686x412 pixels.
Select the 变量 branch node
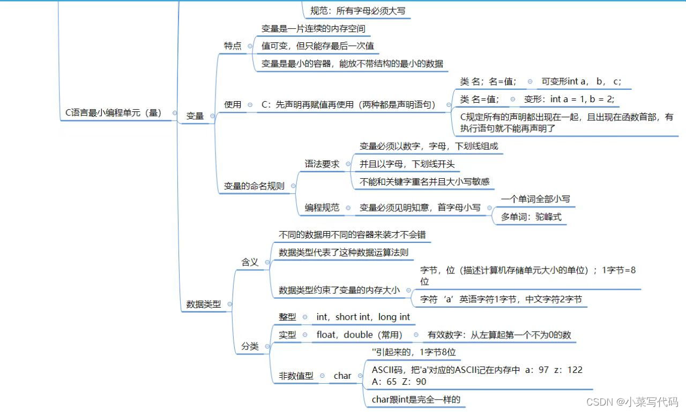195,116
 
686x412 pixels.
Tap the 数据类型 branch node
204,304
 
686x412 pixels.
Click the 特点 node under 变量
233,46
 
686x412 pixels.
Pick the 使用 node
233,105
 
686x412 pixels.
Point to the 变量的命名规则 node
254,186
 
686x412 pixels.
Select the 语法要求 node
322,164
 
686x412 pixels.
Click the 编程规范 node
322,208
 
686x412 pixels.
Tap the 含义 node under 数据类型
250,262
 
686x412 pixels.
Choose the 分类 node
250,346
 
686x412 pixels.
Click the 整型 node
287,317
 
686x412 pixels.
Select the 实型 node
287,335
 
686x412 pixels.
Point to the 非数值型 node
296,376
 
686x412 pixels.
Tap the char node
342,376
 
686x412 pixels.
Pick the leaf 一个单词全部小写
535,199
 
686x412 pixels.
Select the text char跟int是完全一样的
416,399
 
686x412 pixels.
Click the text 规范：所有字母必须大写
358,11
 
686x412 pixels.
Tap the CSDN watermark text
632,401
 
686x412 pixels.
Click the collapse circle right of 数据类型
229,304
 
